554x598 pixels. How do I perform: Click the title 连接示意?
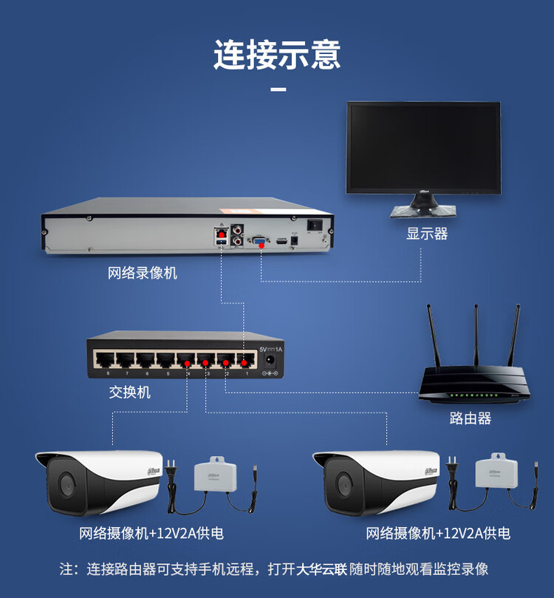pos(277,55)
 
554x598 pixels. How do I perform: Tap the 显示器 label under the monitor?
pos(427,234)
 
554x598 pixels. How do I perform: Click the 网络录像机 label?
pos(143,273)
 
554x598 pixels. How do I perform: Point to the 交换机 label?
pos(130,393)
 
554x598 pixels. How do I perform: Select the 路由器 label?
pos(471,418)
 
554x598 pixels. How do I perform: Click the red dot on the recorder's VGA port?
pos(260,241)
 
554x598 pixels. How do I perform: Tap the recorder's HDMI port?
pos(281,241)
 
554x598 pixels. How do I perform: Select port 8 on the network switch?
pos(103,361)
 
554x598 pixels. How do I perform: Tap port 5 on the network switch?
pos(165,361)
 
